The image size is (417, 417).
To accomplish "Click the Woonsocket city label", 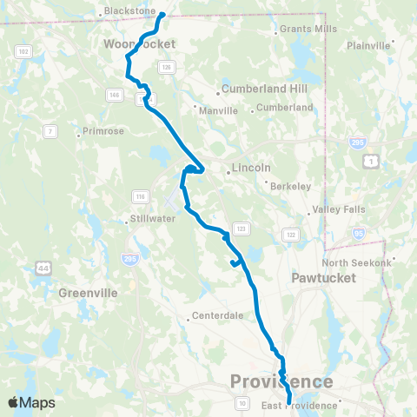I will pyautogui.click(x=139, y=43).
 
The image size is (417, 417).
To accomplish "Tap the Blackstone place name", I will pyautogui.click(x=128, y=11).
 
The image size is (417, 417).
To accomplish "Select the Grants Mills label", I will pyautogui.click(x=307, y=29).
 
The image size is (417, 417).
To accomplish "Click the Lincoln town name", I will pyautogui.click(x=252, y=169).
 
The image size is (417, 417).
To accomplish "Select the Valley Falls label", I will pyautogui.click(x=334, y=210).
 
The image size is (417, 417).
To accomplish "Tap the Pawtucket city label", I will pyautogui.click(x=317, y=280).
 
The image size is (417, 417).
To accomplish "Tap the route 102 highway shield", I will pyautogui.click(x=23, y=52).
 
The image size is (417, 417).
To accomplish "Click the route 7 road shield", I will pyautogui.click(x=50, y=131).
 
